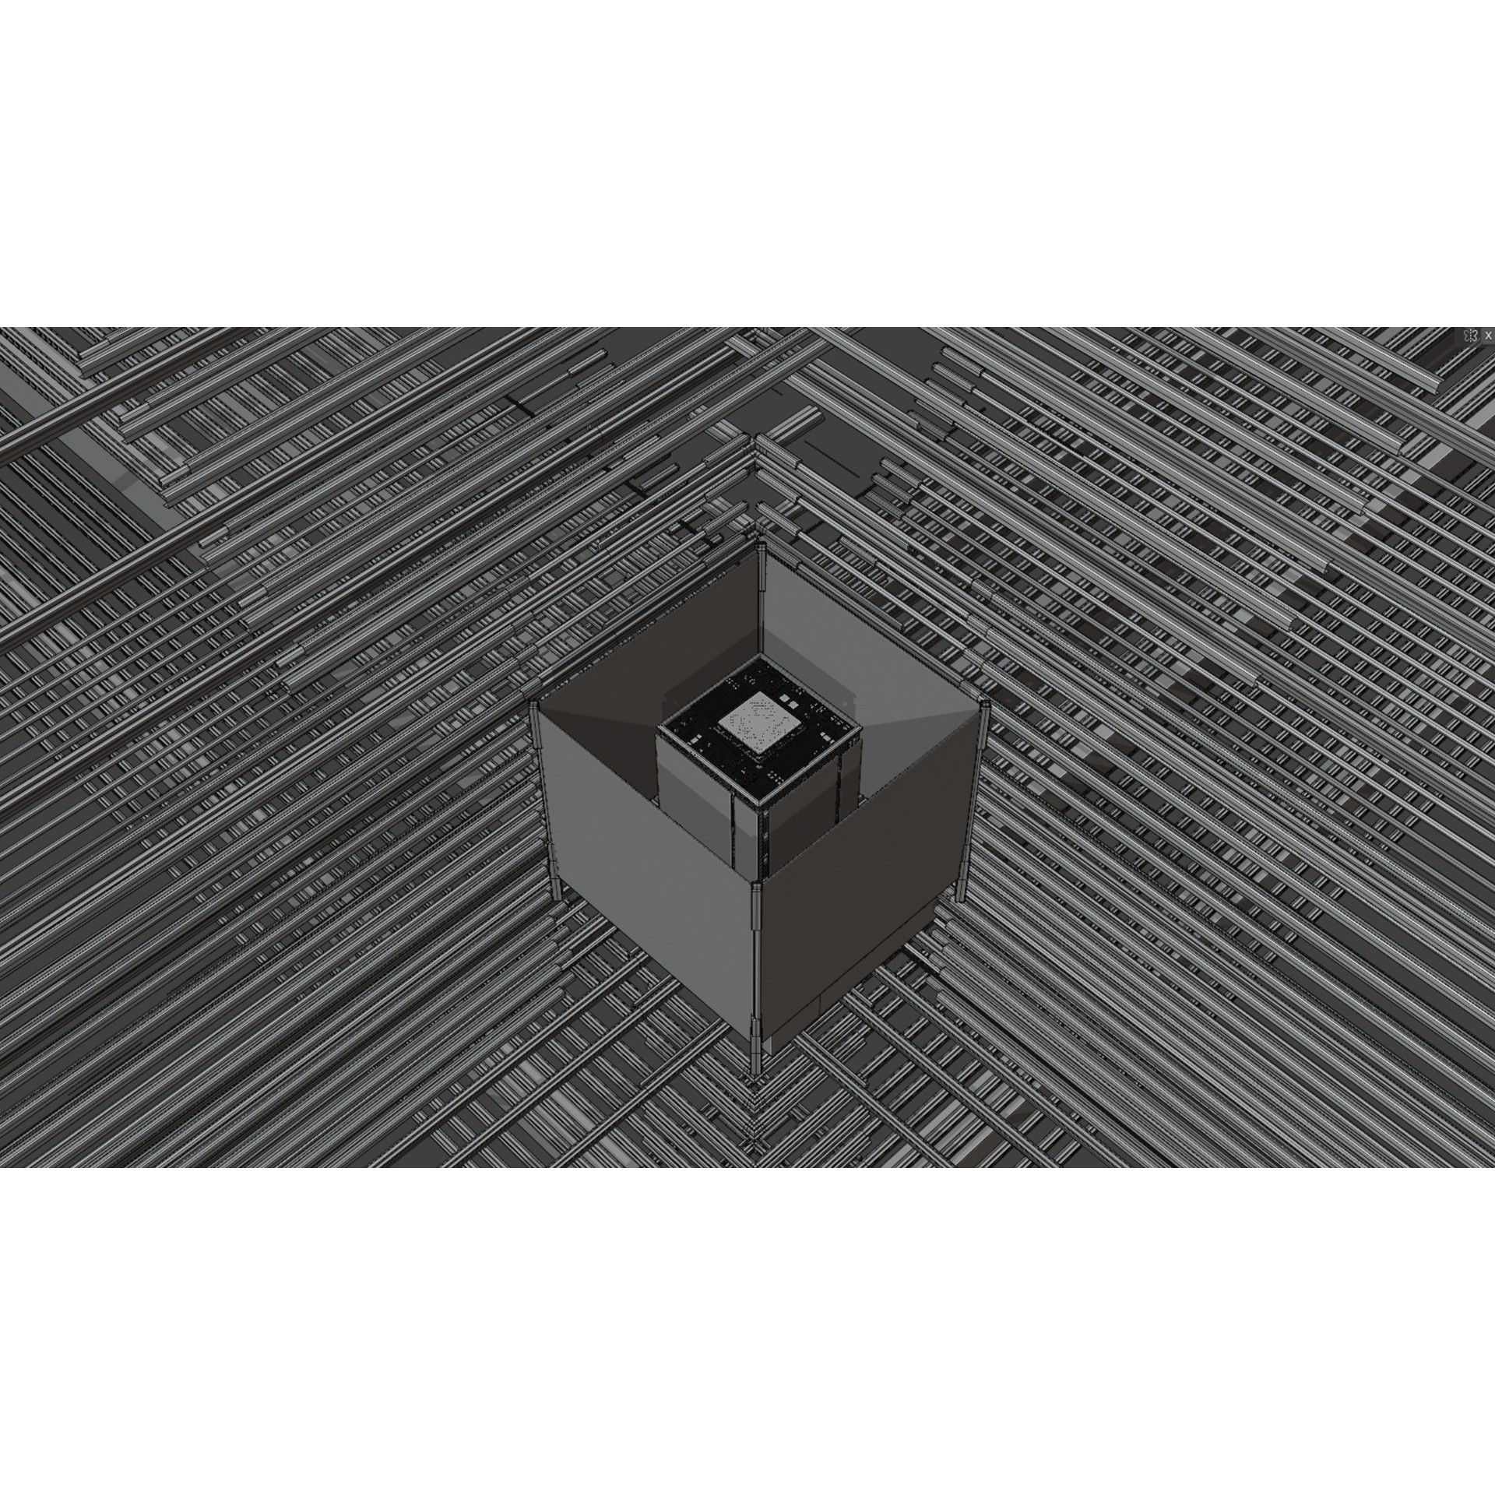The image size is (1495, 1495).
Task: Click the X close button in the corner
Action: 1488,335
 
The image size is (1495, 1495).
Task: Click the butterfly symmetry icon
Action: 1470,335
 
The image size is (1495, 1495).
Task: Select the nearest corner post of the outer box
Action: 755,958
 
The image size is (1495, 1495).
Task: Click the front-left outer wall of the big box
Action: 646,872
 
